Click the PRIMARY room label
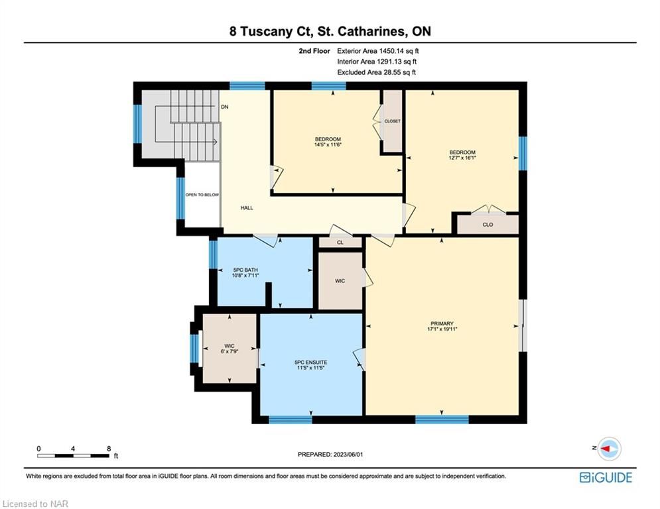coord(442,323)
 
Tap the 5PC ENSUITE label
coord(310,362)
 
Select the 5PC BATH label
coord(245,270)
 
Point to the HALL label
coord(247,208)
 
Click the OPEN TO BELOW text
coord(202,195)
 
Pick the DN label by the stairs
coord(225,107)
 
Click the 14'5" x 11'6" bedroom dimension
coord(328,144)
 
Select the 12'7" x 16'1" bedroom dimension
coord(462,158)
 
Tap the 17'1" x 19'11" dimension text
coord(442,329)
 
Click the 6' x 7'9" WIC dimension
coord(230,351)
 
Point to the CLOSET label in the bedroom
coord(392,121)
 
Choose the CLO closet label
coord(488,225)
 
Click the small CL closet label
coord(340,243)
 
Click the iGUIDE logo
coord(606,477)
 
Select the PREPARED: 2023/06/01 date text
coord(330,454)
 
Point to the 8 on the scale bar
coord(109,449)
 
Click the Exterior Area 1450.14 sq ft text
coord(378,51)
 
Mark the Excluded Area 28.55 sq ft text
coord(377,72)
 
